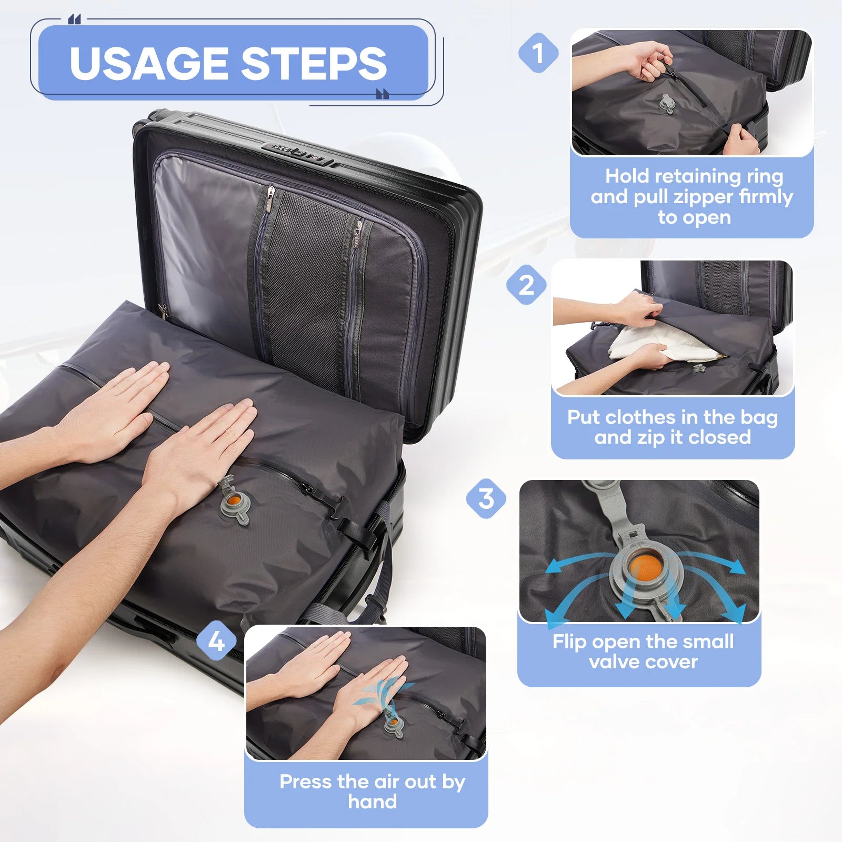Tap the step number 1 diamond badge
pyautogui.click(x=538, y=53)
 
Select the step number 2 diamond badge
pyautogui.click(x=526, y=285)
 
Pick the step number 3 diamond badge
pyautogui.click(x=486, y=498)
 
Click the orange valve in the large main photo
pyautogui.click(x=234, y=499)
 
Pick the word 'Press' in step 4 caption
pyautogui.click(x=306, y=782)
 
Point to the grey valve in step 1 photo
pyautogui.click(x=666, y=103)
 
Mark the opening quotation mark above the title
pyautogui.click(x=75, y=20)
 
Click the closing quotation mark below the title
pyautogui.click(x=383, y=94)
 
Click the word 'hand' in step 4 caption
pyautogui.click(x=372, y=802)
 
